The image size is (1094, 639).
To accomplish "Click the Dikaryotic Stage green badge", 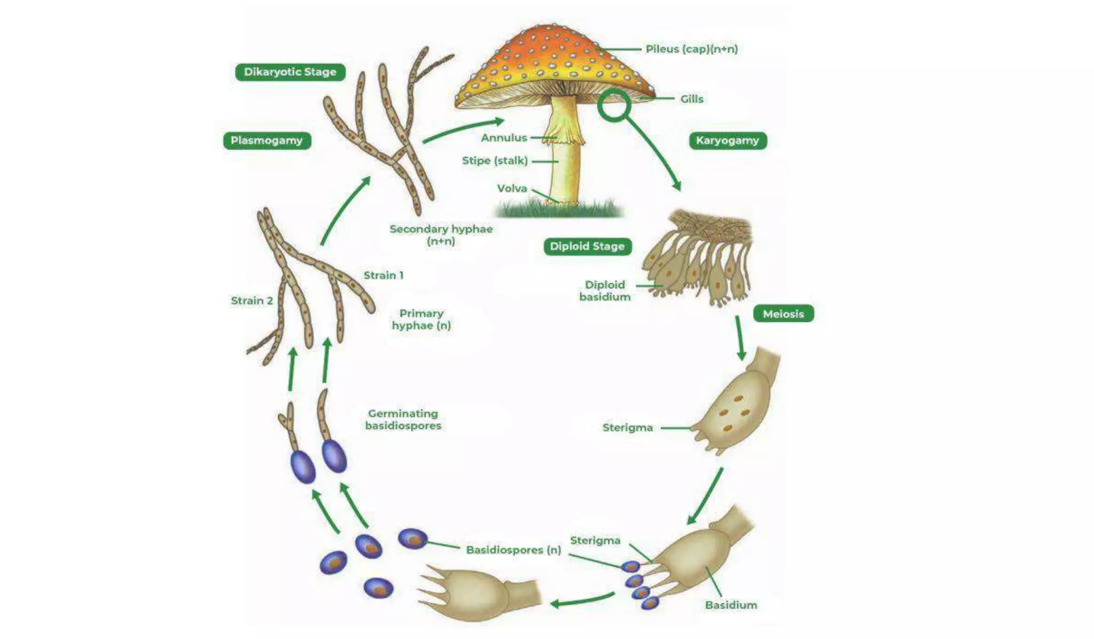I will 290,72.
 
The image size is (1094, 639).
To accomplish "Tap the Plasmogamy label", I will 267,140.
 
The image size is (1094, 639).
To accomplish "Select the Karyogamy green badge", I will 727,140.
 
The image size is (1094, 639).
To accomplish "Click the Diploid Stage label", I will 587,246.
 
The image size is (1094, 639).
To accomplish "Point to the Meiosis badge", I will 783,314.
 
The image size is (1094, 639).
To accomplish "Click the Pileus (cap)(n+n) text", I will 691,49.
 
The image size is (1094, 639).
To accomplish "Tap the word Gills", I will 691,99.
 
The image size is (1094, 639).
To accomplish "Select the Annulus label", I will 504,138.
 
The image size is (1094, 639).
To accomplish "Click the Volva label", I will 512,188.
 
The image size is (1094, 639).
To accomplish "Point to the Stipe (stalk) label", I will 495,161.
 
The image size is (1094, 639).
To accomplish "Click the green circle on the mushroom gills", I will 614,105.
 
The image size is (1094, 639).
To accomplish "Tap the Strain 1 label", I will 384,275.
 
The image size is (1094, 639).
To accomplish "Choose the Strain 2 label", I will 252,301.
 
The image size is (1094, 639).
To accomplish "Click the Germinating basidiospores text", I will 403,420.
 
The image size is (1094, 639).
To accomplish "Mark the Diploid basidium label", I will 605,291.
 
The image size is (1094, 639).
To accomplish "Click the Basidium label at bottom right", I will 731,605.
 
